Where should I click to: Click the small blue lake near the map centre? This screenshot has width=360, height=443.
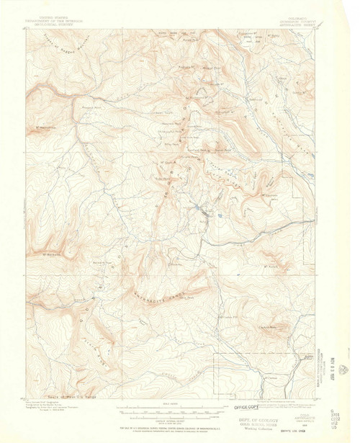(x=196, y=207)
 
